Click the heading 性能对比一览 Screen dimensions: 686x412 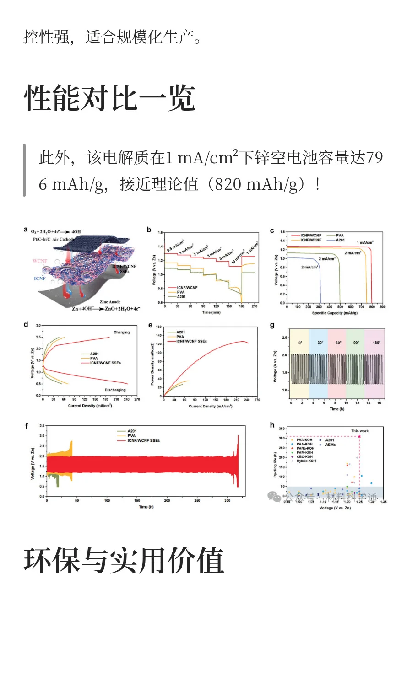[110, 98]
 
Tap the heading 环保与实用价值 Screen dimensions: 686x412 [124, 560]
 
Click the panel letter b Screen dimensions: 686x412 [149, 230]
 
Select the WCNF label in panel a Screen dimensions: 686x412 [40, 261]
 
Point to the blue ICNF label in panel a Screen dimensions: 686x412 [40, 278]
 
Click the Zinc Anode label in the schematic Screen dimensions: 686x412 [110, 302]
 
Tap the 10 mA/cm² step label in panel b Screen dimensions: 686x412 [237, 256]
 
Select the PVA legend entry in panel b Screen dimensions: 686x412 [181, 292]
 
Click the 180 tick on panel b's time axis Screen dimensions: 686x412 [242, 306]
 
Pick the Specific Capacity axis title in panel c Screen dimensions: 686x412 [335, 313]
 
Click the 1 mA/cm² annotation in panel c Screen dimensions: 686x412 [365, 242]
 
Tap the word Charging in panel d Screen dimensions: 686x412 [121, 332]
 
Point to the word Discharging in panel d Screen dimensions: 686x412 [115, 390]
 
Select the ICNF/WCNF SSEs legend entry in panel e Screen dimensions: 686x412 [191, 341]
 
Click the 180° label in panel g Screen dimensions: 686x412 [376, 343]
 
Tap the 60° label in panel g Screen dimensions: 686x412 [338, 343]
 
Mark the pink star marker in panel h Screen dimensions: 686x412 [359, 436]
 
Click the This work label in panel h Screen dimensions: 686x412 [359, 431]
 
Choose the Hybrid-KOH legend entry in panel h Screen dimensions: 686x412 [306, 461]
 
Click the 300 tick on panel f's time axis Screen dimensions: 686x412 [227, 500]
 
